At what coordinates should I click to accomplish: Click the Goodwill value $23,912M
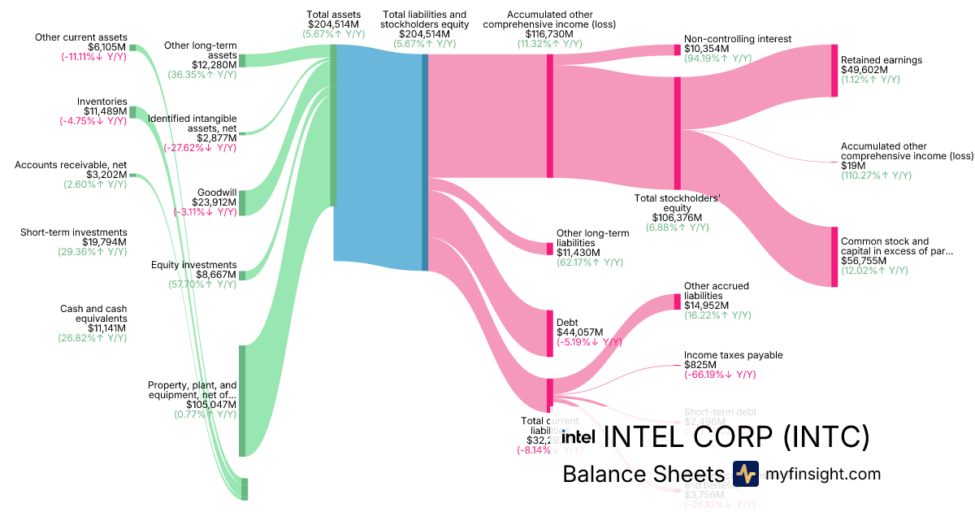pos(214,202)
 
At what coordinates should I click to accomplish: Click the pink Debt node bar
pos(550,333)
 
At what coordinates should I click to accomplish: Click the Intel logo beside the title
pos(573,437)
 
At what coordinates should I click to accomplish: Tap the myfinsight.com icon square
pos(745,474)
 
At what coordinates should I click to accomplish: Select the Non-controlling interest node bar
pos(677,50)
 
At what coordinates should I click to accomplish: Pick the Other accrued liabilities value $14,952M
pos(706,306)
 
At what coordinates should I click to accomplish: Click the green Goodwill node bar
pos(242,202)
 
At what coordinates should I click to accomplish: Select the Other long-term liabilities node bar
pos(550,248)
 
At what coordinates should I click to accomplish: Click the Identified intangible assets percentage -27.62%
pos(200,148)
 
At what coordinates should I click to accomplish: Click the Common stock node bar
pos(834,257)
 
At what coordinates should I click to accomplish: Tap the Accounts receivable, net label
pos(70,165)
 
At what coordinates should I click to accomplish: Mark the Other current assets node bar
pos(133,48)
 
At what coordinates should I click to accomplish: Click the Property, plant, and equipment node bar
pos(241,400)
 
